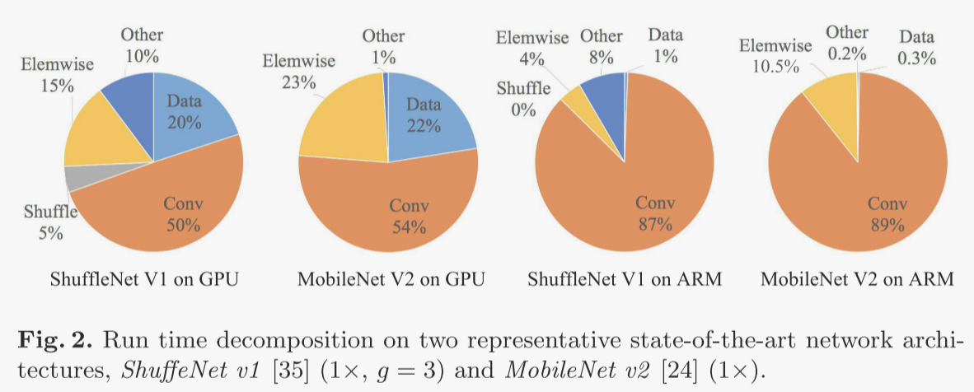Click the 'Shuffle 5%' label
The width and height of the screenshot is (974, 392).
[50, 222]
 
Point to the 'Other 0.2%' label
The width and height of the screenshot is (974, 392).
[847, 43]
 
